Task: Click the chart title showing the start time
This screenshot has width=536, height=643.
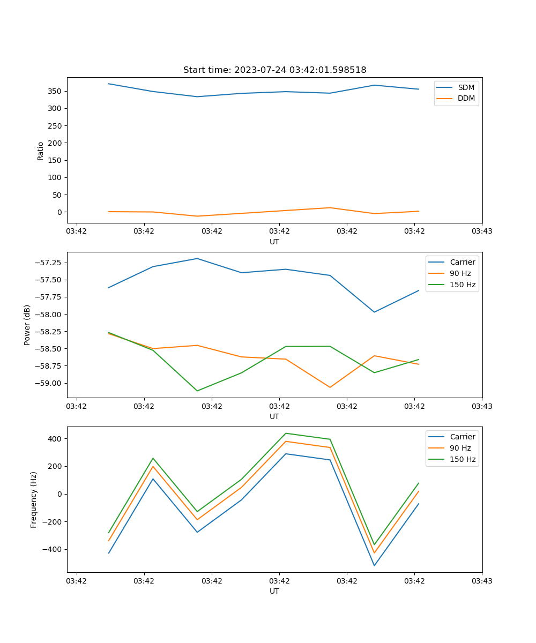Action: [x=274, y=70]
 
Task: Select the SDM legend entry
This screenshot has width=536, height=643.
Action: [x=466, y=87]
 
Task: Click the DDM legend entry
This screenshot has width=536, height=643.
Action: [x=466, y=98]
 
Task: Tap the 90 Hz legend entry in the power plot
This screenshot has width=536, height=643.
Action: [x=460, y=273]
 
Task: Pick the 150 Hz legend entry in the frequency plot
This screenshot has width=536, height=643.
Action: [x=463, y=459]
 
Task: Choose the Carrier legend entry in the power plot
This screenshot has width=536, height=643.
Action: [x=462, y=262]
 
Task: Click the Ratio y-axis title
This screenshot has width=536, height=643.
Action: [x=41, y=151]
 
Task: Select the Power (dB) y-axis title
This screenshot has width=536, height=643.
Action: [x=27, y=325]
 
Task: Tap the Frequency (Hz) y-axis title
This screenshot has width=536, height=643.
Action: [x=34, y=499]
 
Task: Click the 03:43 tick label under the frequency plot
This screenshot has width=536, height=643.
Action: [x=481, y=581]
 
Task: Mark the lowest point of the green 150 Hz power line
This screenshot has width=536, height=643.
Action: [x=197, y=391]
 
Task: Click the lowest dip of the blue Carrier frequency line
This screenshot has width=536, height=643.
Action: [x=374, y=565]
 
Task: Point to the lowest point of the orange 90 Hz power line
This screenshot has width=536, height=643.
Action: [x=330, y=387]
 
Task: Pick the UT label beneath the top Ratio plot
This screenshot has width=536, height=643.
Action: [x=274, y=242]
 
